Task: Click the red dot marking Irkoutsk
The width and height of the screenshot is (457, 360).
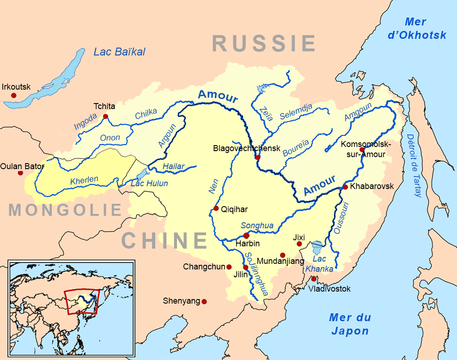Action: point(14,95)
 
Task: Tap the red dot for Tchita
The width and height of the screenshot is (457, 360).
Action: point(106,116)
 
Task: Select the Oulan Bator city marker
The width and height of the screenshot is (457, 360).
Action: point(20,173)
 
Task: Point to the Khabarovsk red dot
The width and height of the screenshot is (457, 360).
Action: point(345,187)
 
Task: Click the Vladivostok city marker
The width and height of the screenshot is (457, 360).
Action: point(314,279)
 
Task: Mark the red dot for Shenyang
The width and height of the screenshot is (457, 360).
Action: point(204,301)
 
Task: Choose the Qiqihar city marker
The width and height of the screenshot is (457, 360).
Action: point(216,208)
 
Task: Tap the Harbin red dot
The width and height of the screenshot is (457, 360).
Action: point(246,236)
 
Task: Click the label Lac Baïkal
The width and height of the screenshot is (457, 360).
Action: point(119,52)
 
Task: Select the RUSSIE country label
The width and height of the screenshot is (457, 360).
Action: point(264,44)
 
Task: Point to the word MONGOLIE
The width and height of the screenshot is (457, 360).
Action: point(65,210)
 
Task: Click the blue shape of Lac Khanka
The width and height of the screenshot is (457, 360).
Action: point(317,247)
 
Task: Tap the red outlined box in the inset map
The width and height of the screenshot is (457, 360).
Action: point(82,301)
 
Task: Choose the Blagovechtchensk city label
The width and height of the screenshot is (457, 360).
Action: point(247,148)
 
